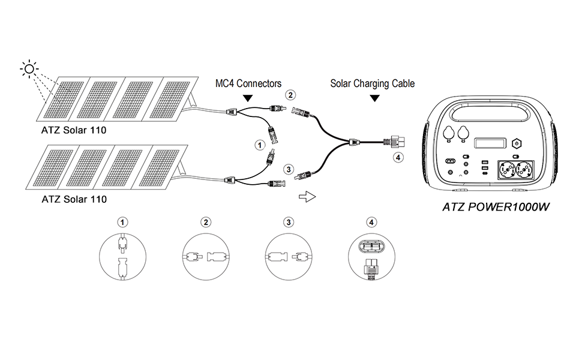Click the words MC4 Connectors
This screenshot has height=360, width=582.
coord(248,84)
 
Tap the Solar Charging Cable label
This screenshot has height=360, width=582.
coord(372,84)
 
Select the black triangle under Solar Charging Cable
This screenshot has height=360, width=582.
coord(374,97)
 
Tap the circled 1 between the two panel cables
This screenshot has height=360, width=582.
coord(259,144)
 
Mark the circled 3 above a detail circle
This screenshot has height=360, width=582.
coord(289,222)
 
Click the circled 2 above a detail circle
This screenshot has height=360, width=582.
coord(206,222)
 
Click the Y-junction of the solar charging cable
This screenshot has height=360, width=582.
coord(355,143)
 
